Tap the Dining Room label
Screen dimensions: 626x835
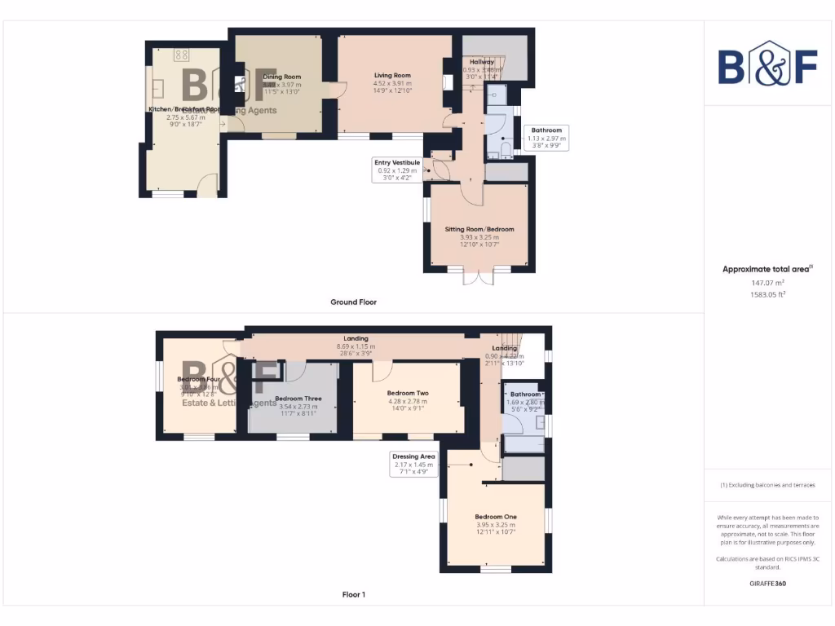point(282,77)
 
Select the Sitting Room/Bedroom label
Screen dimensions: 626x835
point(479,229)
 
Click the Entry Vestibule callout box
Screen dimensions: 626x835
point(397,170)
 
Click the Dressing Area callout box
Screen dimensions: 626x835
point(413,465)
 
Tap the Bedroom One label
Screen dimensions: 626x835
point(496,517)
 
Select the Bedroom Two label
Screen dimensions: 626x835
point(408,393)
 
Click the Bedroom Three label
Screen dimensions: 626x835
point(298,399)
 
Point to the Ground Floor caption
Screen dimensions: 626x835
point(353,302)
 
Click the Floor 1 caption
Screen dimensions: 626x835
point(353,594)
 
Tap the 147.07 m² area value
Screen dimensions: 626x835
point(767,283)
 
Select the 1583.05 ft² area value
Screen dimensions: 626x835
point(767,295)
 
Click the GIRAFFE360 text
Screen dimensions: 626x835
point(767,584)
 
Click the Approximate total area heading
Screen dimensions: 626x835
point(767,269)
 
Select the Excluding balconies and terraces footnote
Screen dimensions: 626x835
point(767,485)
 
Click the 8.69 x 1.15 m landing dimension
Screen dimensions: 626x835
point(356,347)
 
